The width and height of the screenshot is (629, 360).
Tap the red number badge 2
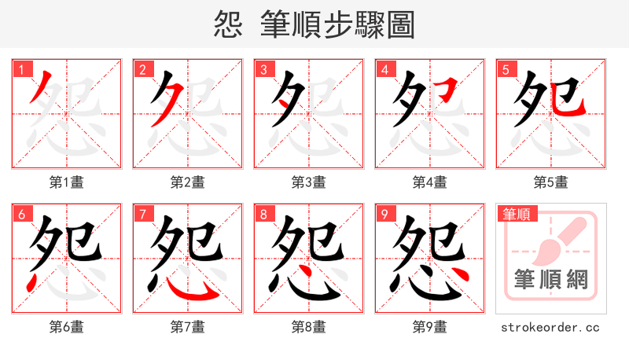(x=142, y=70)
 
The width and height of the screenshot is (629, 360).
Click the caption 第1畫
(x=67, y=182)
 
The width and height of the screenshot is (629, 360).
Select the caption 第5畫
(x=551, y=182)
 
